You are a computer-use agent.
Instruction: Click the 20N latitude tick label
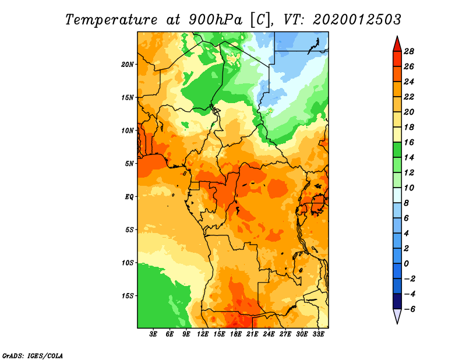point(128,65)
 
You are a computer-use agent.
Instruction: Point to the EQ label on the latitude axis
point(129,197)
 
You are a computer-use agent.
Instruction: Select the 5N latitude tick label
point(129,164)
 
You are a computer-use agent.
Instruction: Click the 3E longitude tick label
point(153,334)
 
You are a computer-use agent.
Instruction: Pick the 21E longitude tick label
point(252,334)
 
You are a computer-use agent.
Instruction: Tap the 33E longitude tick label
point(318,334)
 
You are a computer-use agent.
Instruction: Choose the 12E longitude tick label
point(202,334)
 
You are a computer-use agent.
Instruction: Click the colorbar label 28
point(409,51)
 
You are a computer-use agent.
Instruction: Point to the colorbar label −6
point(409,309)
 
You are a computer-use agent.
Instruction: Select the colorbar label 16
point(409,142)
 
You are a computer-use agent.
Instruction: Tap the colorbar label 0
point(406,264)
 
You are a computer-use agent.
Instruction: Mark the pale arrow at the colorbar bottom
point(397,316)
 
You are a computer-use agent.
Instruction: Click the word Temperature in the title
point(111,20)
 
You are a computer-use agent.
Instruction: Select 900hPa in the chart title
point(216,20)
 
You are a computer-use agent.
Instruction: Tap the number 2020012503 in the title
point(357,20)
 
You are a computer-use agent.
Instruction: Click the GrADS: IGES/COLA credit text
point(33,356)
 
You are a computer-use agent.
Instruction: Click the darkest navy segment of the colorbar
point(397,301)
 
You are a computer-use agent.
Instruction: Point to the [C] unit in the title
point(260,20)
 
